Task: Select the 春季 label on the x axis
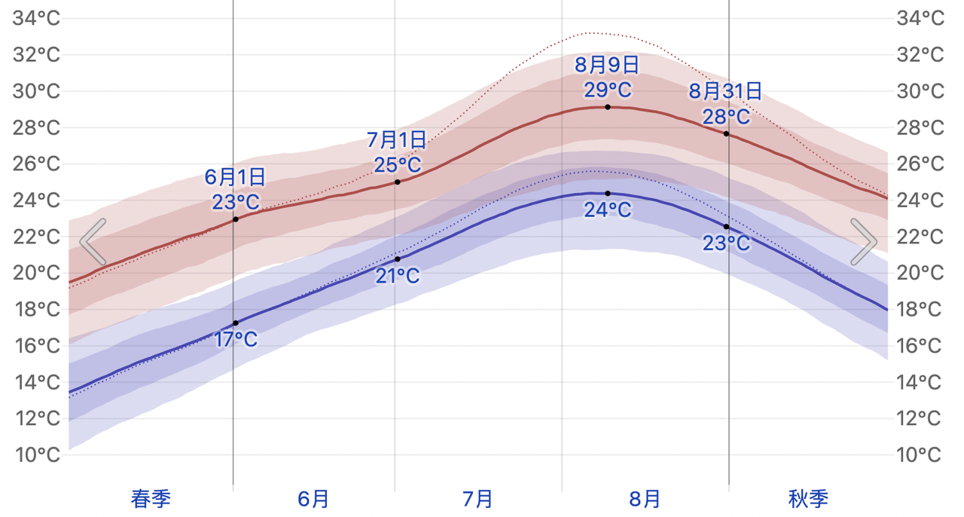pos(151,499)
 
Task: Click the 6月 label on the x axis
pos(313,499)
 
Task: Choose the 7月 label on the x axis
pos(477,499)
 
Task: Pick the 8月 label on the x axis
pos(644,499)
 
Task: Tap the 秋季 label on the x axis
pos(808,499)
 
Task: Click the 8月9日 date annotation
pos(607,65)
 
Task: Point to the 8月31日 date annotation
pos(725,91)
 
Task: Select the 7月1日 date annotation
pos(396,140)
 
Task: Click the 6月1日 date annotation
pos(235,177)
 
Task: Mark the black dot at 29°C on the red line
pos(608,107)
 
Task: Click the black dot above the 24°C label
pos(608,194)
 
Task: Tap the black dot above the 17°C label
pos(236,323)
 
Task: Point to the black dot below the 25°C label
pos(397,182)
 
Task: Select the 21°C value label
pos(397,276)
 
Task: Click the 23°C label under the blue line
pos(727,243)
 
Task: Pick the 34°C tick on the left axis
pos(36,19)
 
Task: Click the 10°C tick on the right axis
pos(919,455)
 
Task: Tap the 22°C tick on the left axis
pos(36,237)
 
